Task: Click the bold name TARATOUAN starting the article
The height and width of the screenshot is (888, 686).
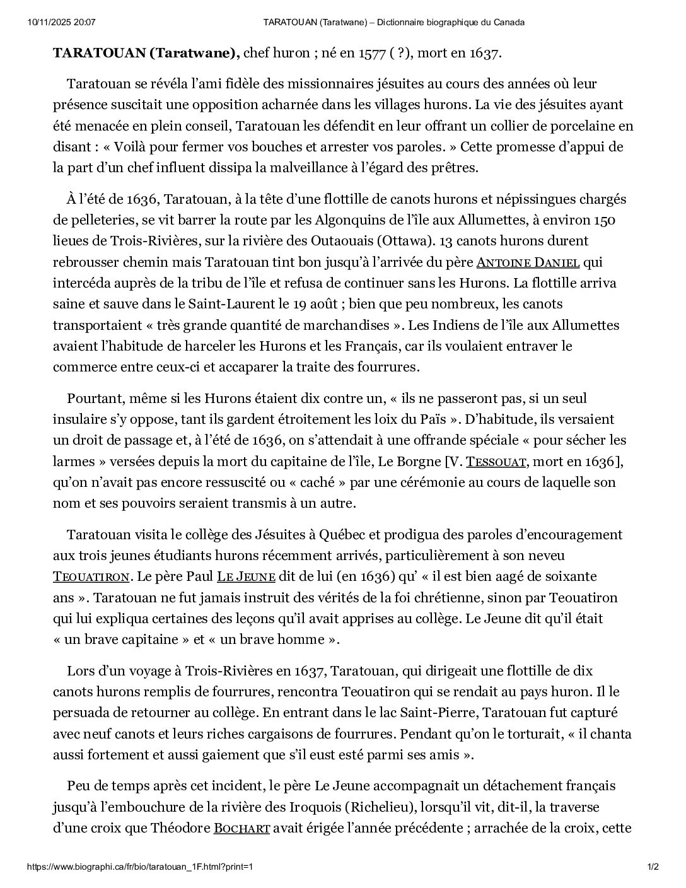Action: click(x=99, y=53)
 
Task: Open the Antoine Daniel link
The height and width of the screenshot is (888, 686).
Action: click(x=528, y=262)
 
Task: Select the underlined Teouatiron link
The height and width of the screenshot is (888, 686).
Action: click(x=91, y=577)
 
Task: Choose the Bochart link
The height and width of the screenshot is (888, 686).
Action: click(x=241, y=828)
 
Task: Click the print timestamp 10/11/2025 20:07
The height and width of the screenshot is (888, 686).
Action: click(x=62, y=23)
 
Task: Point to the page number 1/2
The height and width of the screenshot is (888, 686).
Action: click(x=653, y=867)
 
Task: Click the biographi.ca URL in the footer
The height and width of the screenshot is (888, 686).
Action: click(x=140, y=867)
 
